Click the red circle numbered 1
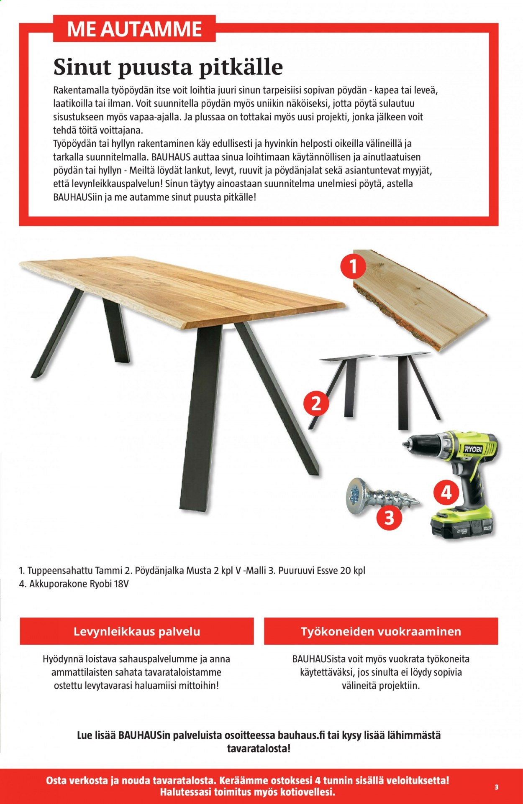point(353,266)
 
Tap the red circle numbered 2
point(316,403)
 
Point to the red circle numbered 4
point(446,493)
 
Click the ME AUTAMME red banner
point(134,29)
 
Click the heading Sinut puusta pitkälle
point(168,67)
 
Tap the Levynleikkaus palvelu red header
point(137,631)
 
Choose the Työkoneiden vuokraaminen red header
point(381,631)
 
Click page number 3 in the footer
point(496,787)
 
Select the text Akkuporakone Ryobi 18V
point(79,584)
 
